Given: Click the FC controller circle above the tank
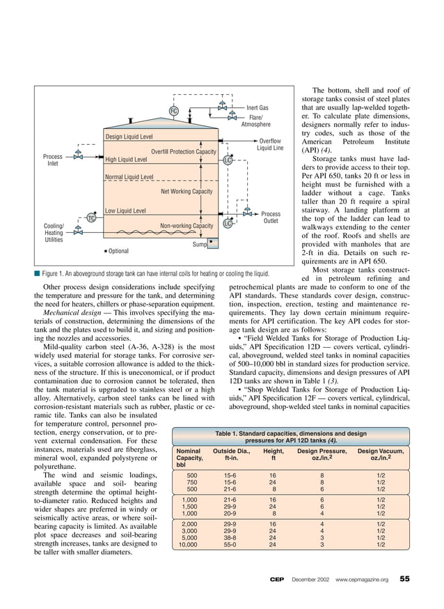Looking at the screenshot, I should coord(174,111).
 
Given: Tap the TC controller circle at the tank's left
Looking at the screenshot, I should coord(90,219).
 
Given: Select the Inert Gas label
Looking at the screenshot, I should coord(257,108).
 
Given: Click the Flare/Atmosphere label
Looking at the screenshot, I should coord(255,121).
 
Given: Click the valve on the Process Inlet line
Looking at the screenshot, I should coord(79,157).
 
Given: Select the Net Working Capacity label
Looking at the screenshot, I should coord(187,191).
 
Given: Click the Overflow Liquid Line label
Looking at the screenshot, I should coord(270,144).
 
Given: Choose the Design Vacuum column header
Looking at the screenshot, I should coord(380,454).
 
